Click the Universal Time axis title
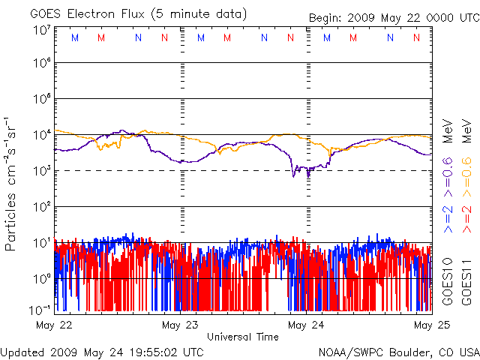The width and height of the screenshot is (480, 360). [x=242, y=337]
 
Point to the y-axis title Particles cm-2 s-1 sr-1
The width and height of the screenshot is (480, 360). [x=12, y=184]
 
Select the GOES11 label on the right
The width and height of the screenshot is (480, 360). [x=466, y=282]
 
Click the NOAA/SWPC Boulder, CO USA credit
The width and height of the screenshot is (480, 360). [x=397, y=351]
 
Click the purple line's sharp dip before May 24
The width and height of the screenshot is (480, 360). [x=295, y=174]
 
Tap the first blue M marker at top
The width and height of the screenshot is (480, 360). [x=74, y=37]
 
